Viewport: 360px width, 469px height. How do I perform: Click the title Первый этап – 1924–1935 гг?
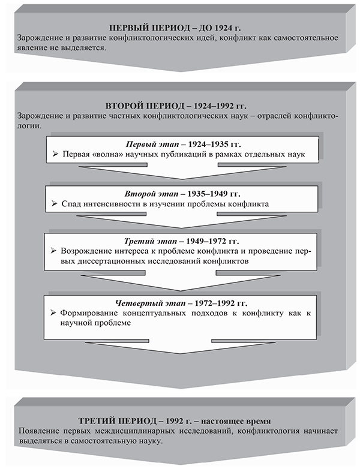179,145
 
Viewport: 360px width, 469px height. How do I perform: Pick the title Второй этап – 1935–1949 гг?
179,194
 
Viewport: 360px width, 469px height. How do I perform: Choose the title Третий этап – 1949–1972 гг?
179,240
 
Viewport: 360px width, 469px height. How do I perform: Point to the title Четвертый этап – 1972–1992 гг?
179,302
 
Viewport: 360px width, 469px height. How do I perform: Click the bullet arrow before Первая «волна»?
55,155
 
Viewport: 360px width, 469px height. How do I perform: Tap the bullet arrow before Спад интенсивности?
55,205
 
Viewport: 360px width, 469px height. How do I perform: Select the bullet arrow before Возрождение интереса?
55,250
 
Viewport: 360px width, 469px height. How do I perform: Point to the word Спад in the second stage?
71,205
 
